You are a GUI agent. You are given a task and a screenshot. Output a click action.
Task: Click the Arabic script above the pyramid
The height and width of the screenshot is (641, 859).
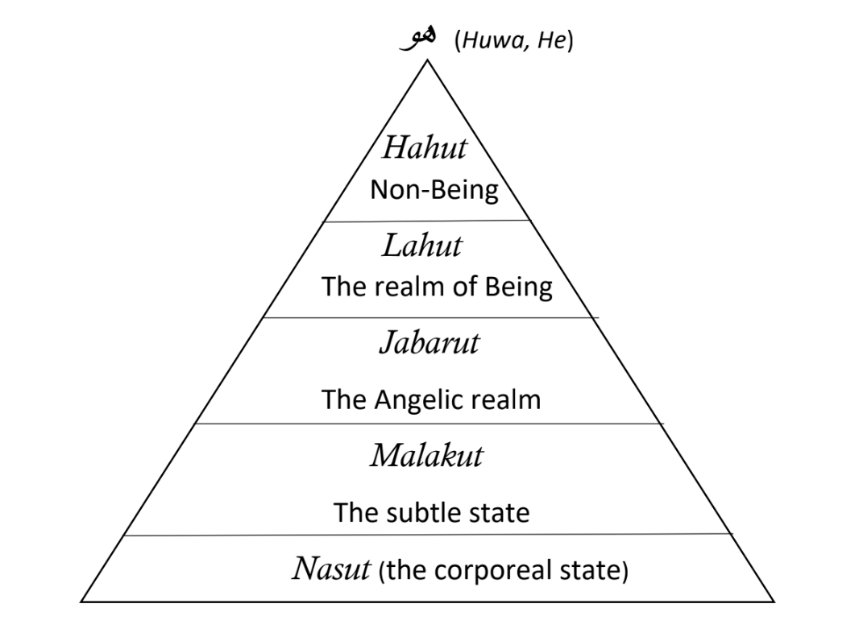pos(418,39)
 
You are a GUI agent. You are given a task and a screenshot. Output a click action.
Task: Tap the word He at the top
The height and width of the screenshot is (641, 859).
pos(551,40)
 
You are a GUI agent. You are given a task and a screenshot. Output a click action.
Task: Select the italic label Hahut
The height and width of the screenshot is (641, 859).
pos(425,148)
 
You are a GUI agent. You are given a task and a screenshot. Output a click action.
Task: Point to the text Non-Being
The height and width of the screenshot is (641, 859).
pos(434,190)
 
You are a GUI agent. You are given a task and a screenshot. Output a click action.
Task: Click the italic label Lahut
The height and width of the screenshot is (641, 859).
pos(421,246)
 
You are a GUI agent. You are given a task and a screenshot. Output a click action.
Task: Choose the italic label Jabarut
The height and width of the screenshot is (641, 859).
pos(429,343)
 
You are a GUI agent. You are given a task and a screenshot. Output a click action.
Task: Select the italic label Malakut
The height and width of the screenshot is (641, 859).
pos(427,456)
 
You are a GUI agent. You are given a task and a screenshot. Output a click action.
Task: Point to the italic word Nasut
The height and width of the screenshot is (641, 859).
pos(331,569)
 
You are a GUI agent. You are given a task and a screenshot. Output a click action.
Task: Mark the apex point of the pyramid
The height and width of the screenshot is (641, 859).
pos(428,60)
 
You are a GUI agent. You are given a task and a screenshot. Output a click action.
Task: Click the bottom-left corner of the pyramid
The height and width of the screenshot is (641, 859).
pos(81,602)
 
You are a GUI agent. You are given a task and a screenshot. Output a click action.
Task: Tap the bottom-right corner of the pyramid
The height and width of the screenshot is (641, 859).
pos(774,602)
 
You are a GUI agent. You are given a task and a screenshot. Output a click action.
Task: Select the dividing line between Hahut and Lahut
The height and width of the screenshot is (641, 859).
pos(427,221)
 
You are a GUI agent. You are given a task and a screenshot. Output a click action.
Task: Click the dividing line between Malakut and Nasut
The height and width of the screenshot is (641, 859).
pos(429,534)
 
